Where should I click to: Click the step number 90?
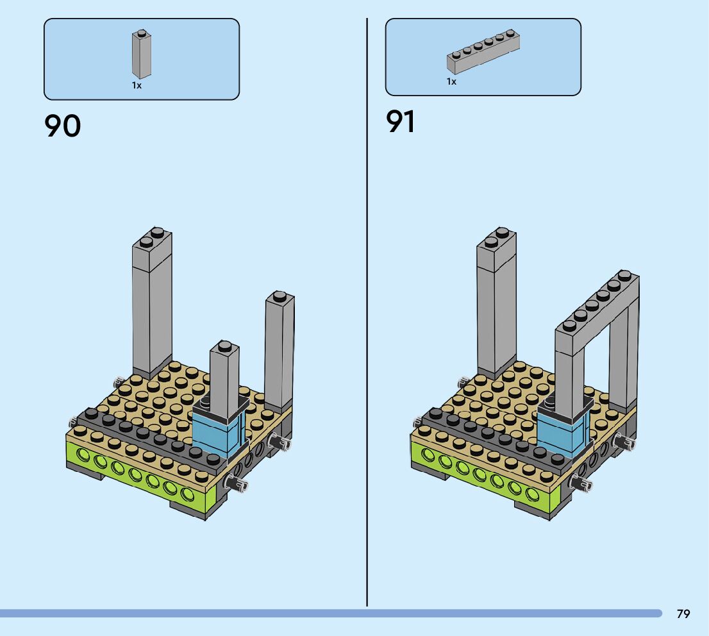click(x=63, y=126)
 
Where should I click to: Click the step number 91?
click(x=401, y=122)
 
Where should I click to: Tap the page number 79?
click(x=683, y=614)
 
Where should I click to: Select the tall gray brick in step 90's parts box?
click(x=142, y=56)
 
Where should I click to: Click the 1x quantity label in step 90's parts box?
click(x=137, y=85)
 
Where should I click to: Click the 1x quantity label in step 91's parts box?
click(x=451, y=81)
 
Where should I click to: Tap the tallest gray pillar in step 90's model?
click(x=152, y=308)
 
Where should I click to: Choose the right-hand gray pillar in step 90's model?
click(x=279, y=353)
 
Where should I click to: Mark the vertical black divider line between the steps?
click(x=367, y=321)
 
